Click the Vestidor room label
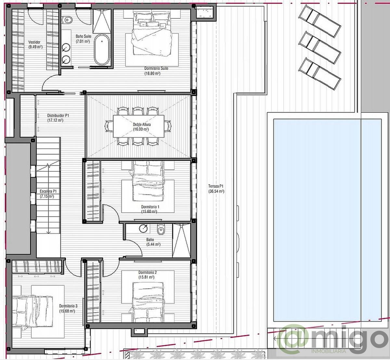(34, 42)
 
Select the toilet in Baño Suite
(68, 19)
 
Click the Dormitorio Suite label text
(156, 68)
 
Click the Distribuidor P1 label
(58, 115)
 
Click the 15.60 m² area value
(149, 212)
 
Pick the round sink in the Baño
(143, 229)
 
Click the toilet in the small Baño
(161, 230)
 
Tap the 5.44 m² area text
(153, 244)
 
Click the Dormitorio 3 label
(68, 306)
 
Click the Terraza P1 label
(216, 186)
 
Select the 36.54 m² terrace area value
(216, 192)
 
